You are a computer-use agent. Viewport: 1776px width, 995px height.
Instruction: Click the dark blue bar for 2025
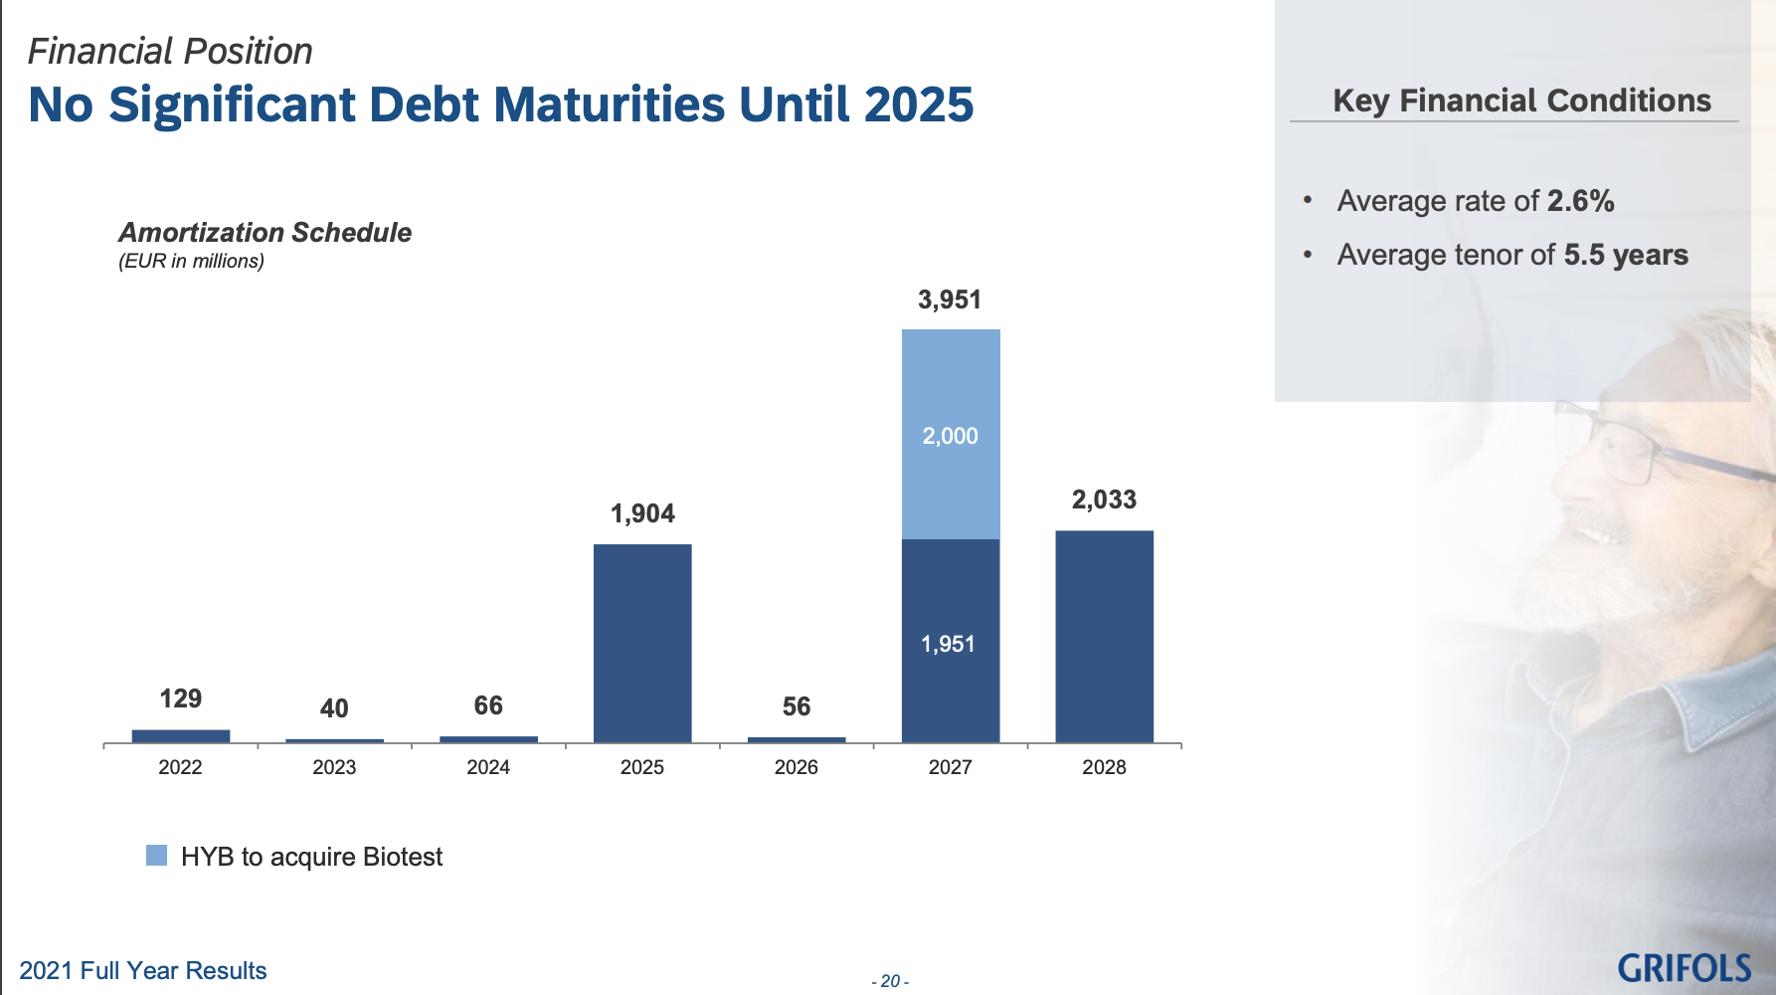[642, 643]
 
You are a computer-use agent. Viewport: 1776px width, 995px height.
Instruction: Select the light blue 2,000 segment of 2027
[951, 435]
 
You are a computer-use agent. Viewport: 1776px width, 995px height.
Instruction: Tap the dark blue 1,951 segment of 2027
[951, 641]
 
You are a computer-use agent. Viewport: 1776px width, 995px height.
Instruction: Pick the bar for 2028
[1105, 637]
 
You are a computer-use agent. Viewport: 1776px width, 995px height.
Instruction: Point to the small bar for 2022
[181, 736]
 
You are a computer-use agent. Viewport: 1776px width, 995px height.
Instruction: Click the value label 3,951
[950, 299]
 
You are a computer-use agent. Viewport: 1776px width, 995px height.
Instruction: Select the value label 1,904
[642, 513]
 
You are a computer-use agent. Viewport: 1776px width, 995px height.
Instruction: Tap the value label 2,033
[1104, 499]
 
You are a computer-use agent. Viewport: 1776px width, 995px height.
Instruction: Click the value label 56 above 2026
[797, 706]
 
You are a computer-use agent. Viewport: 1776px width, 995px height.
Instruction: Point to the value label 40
[334, 708]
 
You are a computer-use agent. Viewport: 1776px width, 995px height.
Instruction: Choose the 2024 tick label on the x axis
[488, 767]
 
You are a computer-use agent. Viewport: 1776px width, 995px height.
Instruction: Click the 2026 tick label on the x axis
[797, 767]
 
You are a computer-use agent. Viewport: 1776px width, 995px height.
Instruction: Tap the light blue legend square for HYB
[156, 855]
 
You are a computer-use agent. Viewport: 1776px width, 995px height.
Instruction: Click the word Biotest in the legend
[403, 857]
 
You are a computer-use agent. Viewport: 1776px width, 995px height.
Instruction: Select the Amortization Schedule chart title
[266, 233]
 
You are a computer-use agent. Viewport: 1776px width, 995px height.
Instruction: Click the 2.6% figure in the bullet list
[1581, 201]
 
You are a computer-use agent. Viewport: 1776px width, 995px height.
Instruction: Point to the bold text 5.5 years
[1626, 255]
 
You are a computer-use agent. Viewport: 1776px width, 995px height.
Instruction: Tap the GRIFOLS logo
[1684, 968]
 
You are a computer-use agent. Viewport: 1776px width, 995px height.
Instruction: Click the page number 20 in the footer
[890, 981]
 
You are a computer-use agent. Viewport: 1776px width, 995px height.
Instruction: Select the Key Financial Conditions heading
[1521, 100]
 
